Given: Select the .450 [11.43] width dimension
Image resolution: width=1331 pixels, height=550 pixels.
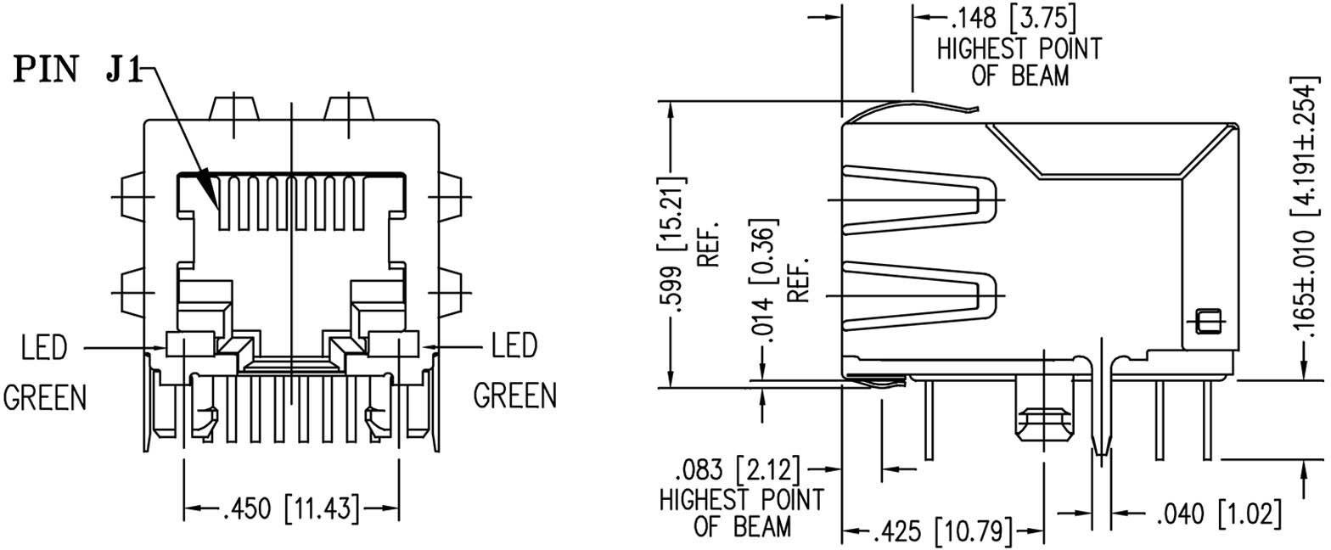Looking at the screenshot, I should click(x=291, y=509).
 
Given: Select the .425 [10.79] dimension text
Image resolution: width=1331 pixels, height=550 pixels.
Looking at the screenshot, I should click(x=942, y=533).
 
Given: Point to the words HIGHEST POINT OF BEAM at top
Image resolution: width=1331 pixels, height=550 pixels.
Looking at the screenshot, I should click(x=1018, y=62).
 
